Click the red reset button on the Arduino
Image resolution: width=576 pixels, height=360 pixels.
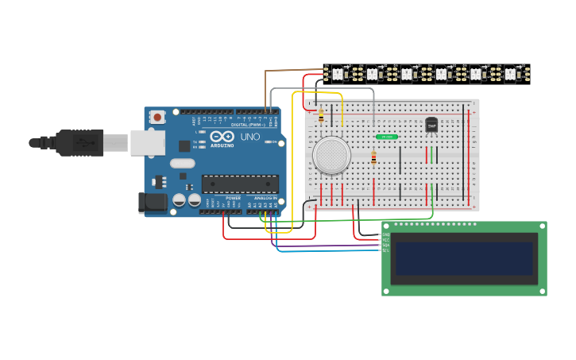[x=157, y=118]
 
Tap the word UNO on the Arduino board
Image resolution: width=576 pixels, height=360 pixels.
[x=250, y=136]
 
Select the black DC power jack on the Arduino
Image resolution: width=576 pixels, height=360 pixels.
[x=153, y=203]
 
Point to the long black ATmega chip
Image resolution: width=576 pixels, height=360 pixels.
[x=240, y=184]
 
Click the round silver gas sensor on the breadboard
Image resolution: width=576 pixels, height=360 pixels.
[x=331, y=155]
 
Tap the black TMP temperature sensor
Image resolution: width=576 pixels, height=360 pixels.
[x=431, y=125]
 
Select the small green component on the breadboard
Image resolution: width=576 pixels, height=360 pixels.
[x=387, y=137]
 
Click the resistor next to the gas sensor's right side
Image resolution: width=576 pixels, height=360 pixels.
[x=373, y=158]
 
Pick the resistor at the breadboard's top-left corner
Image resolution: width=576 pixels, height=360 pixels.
[x=321, y=115]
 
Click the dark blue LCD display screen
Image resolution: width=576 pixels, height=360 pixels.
[x=464, y=258]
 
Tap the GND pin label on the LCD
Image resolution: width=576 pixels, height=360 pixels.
[x=387, y=234]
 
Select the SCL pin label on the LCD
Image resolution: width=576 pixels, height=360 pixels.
[x=387, y=250]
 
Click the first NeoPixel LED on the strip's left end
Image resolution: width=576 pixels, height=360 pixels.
[x=336, y=74]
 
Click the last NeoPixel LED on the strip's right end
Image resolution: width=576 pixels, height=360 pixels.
[x=510, y=74]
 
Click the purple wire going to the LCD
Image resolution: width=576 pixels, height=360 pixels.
[x=334, y=246]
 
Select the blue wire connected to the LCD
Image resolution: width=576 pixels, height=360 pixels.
[x=334, y=251]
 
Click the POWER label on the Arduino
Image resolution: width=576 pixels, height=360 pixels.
[x=233, y=198]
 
